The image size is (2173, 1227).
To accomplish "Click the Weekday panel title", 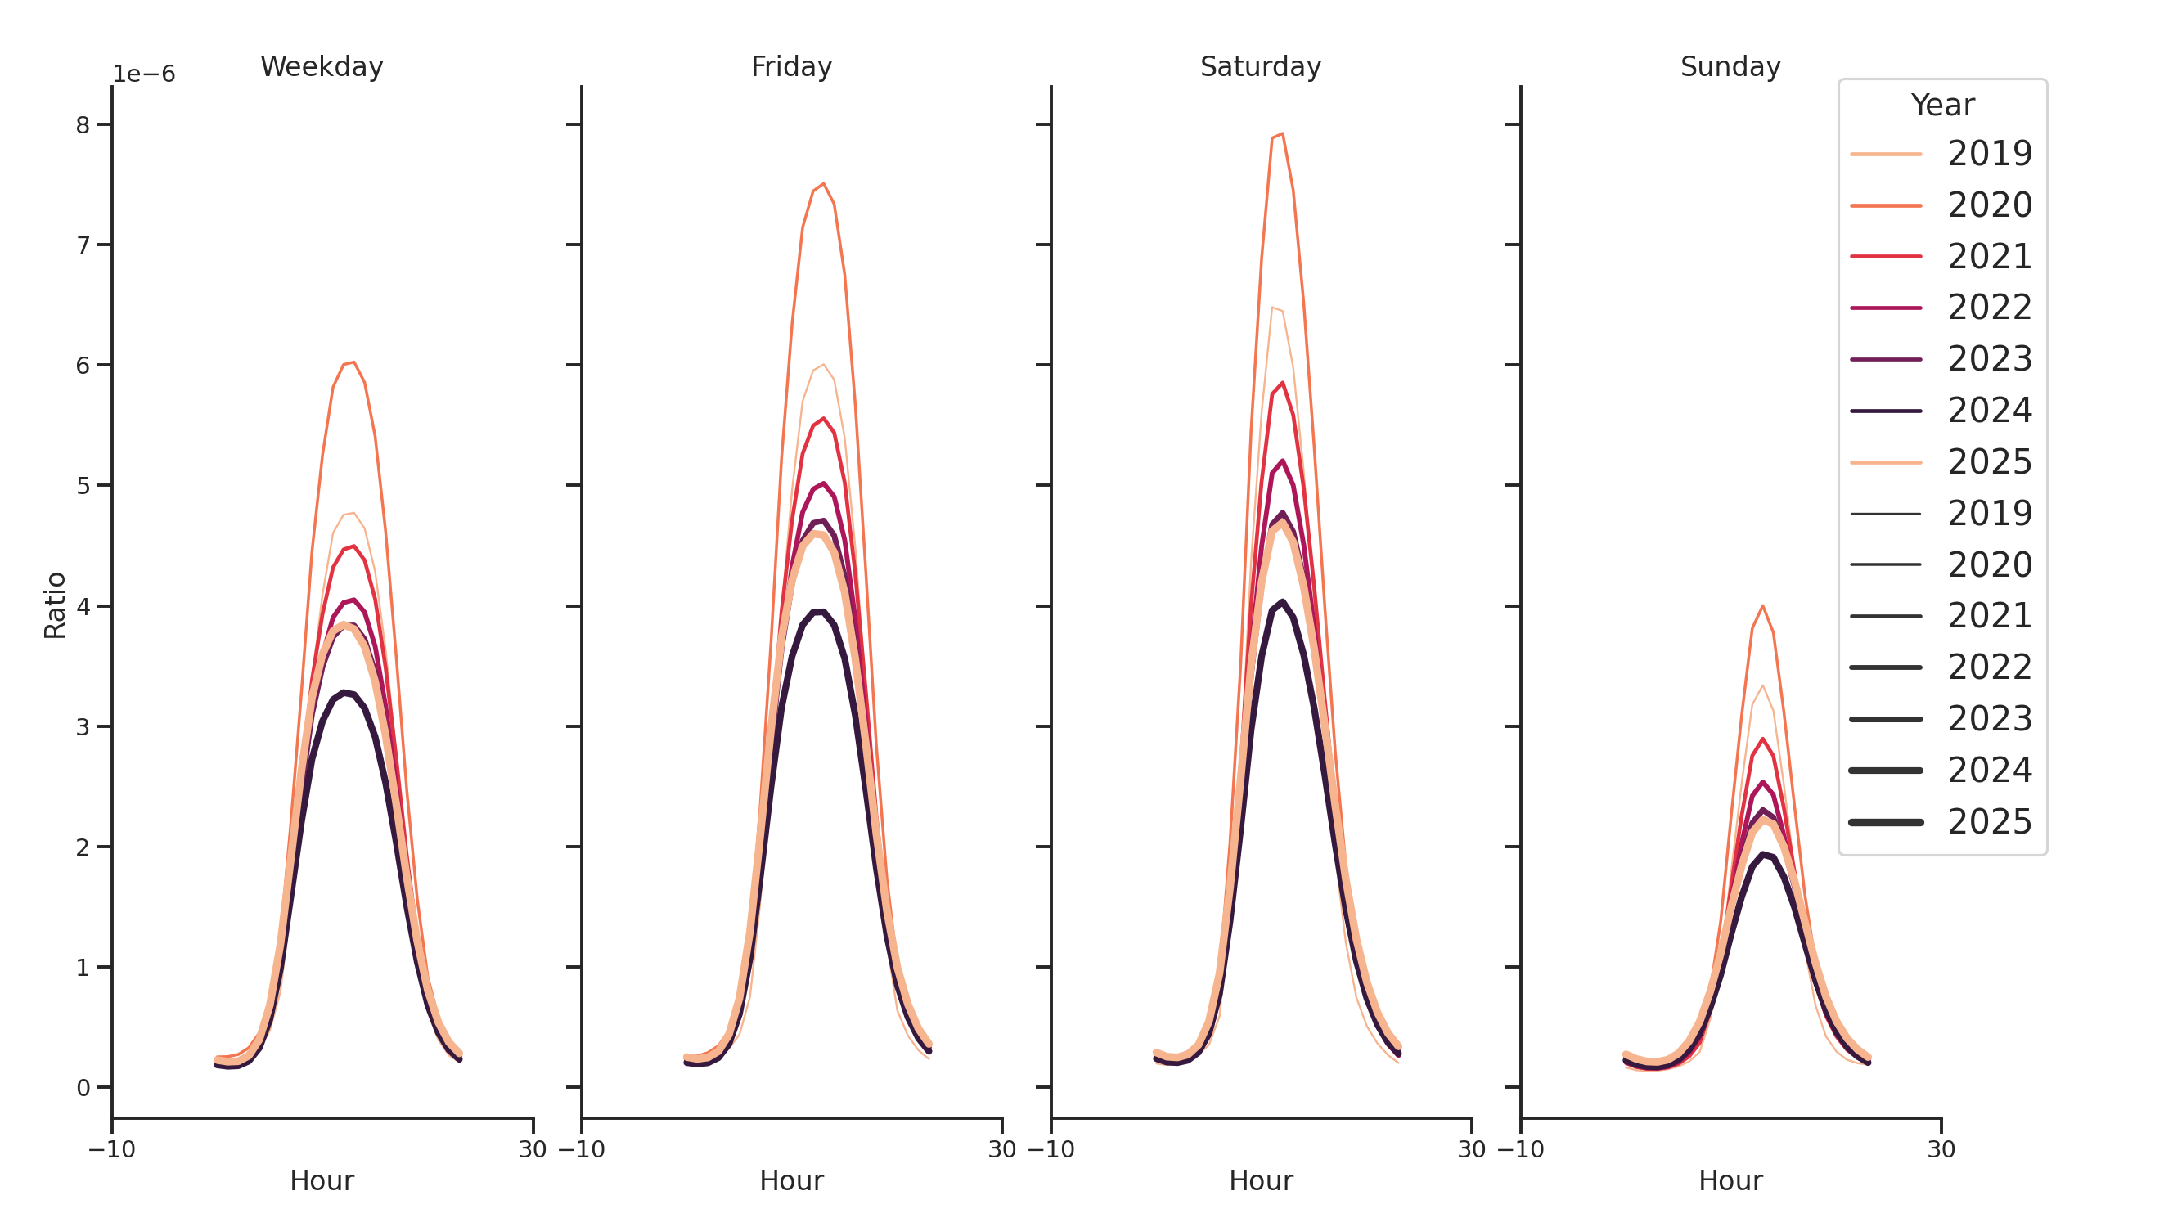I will [x=322, y=66].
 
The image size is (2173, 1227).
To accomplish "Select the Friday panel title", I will [x=791, y=66].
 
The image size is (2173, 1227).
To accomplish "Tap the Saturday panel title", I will [x=1260, y=66].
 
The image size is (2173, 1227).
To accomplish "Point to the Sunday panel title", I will [x=1730, y=66].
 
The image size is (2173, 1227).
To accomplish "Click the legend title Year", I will [x=1941, y=106].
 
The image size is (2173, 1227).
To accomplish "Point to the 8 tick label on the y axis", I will [x=83, y=126].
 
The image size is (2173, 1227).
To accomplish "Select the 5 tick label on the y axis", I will [x=83, y=487].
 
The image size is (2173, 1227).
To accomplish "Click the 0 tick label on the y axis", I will [x=83, y=1089].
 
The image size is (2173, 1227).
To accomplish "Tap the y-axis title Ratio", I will [x=55, y=605].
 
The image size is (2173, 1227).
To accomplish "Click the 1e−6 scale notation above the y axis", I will [x=144, y=74].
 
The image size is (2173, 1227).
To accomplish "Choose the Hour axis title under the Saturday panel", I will [x=1260, y=1181].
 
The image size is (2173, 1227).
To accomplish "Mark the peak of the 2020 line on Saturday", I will [x=1282, y=133].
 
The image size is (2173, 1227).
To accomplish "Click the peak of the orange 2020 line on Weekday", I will [x=353, y=362].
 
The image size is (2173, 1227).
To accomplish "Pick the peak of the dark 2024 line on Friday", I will [x=822, y=611].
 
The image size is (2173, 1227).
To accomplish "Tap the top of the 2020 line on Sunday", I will [x=1762, y=606].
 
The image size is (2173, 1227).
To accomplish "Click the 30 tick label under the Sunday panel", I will [x=1941, y=1149].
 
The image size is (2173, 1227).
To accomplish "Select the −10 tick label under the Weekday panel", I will [x=112, y=1149].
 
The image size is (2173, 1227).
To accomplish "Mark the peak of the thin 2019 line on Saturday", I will [x=1272, y=308].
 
